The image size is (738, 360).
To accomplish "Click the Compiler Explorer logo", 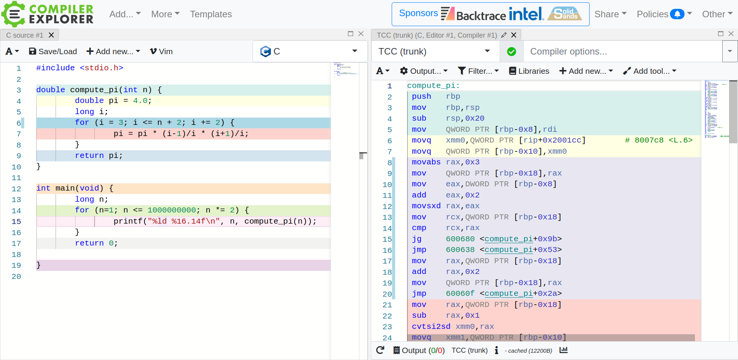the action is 48,14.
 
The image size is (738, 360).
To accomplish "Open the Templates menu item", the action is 211,14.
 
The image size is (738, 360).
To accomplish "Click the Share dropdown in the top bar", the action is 610,14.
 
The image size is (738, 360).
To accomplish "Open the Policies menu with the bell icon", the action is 664,14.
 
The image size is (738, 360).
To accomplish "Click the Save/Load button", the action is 53,51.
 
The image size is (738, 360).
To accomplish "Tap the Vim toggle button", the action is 161,51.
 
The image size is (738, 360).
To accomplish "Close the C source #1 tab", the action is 51,35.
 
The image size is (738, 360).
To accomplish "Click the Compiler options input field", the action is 623,51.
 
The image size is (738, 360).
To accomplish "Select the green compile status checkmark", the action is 512,51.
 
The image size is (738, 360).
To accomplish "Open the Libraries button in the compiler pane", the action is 529,71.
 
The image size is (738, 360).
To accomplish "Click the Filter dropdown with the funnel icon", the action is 478,71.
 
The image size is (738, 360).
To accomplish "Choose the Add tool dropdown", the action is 650,71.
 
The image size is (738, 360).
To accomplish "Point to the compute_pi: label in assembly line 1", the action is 434,86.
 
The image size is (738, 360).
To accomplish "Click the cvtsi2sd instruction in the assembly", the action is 431,327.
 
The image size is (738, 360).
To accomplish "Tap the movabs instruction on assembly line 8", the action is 426,162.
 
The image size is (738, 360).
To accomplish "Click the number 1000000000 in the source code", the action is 172,210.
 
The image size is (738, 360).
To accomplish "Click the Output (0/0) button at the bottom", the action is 419,350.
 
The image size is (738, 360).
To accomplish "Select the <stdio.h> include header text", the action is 101,68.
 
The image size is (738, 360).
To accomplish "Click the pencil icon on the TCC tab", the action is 504,35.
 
